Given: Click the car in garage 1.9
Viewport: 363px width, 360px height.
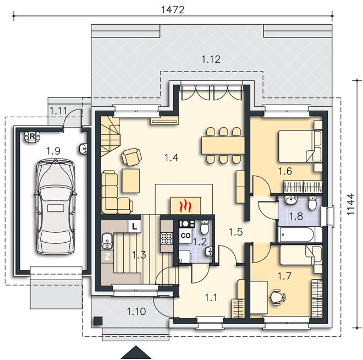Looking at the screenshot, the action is (55, 206).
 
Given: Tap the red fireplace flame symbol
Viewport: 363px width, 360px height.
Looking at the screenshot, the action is (185, 206).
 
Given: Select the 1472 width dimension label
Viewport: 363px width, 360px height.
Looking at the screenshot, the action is (173, 10).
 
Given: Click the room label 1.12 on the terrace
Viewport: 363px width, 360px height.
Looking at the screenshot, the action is (211, 59).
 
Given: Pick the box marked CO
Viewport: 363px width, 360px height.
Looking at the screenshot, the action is (185, 236).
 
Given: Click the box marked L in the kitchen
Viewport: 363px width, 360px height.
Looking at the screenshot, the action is (135, 226).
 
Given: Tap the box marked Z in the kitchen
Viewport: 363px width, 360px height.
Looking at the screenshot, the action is (107, 257).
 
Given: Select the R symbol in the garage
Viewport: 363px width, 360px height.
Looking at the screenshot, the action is (32, 137).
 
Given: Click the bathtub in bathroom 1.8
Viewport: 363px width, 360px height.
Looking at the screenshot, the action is (296, 234).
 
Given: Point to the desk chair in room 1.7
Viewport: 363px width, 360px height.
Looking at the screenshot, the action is (278, 297).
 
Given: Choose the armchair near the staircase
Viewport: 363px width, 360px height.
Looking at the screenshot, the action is (131, 156).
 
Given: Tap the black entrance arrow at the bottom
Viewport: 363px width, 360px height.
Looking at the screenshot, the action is (136, 353).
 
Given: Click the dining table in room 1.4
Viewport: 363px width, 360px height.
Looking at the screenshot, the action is (223, 145).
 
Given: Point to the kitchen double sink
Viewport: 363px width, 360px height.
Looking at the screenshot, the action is (107, 241).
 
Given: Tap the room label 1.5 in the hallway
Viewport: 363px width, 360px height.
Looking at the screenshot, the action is (235, 232).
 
